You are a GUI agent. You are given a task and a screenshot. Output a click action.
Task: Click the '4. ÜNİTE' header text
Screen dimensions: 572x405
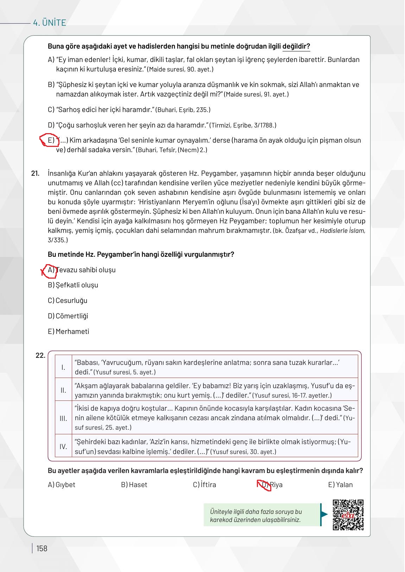pyautogui.click(x=49, y=23)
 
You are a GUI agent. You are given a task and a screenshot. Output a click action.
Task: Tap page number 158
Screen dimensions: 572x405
pyautogui.click(x=42, y=548)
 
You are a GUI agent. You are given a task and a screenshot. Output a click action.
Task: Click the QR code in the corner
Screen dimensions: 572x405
pyautogui.click(x=348, y=515)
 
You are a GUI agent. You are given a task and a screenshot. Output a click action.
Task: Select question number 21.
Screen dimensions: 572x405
pyautogui.click(x=35, y=173)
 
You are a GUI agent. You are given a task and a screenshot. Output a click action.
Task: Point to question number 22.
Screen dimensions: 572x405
pyautogui.click(x=40, y=355)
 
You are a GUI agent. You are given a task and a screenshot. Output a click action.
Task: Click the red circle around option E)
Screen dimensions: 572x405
pyautogui.click(x=49, y=140)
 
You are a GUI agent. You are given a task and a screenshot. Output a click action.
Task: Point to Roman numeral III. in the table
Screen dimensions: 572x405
pyautogui.click(x=63, y=418)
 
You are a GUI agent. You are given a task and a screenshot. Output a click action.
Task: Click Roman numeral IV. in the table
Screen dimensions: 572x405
pyautogui.click(x=63, y=447)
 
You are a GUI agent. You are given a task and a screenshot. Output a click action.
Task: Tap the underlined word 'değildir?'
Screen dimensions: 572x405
pyautogui.click(x=296, y=46)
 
